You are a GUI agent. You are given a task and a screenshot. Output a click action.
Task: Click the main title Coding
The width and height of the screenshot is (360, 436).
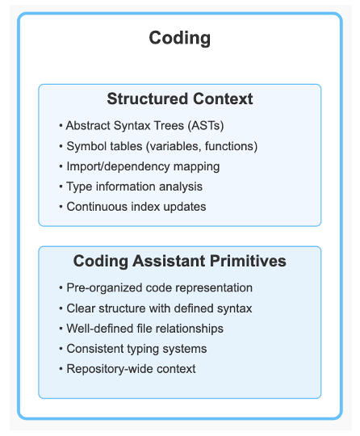pos(180,38)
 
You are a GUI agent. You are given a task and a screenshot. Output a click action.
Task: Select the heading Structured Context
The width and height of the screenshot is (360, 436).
pos(180,99)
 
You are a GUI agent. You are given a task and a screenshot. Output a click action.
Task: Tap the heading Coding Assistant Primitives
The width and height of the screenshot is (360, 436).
pos(180,262)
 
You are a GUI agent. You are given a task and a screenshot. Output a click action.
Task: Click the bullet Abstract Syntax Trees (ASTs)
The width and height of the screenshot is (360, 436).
pos(141,126)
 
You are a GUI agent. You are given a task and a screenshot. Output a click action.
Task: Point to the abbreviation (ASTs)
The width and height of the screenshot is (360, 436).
pos(206,126)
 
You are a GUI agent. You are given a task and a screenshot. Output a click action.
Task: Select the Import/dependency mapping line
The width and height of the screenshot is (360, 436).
pos(139,166)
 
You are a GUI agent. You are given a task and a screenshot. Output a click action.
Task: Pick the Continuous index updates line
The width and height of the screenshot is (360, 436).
pos(132,207)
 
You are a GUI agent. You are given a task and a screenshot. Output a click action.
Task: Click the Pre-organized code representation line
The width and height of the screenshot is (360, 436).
pos(156,288)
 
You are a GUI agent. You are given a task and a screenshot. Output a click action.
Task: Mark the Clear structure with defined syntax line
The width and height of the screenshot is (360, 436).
pos(155,308)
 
